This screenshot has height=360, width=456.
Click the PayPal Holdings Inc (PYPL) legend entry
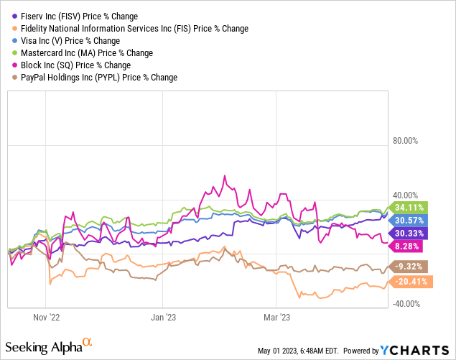(94, 78)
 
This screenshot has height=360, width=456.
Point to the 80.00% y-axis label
(404, 141)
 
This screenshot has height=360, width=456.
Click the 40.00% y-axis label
(404, 195)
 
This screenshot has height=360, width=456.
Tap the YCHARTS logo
(414, 351)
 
